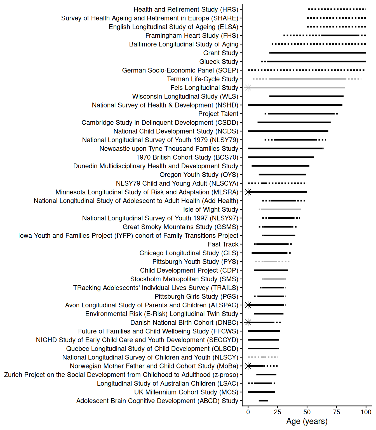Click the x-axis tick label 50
(x=307, y=412)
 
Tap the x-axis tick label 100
(x=366, y=412)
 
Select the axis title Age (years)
(x=307, y=421)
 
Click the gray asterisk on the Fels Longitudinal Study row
(x=248, y=88)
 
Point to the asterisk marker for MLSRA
(x=248, y=192)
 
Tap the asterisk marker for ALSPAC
(x=248, y=305)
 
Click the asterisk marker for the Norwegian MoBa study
(x=248, y=366)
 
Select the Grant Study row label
(x=220, y=53)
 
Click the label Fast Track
(x=223, y=244)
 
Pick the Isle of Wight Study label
(x=211, y=209)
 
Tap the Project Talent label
(x=218, y=114)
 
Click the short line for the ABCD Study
(x=263, y=401)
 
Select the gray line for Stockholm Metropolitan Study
(x=274, y=279)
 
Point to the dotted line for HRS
(x=337, y=9)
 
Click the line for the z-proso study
(x=266, y=375)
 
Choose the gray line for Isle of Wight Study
(x=280, y=209)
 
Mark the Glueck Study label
(x=219, y=62)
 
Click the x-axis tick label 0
(x=248, y=412)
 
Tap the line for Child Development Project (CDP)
(x=271, y=270)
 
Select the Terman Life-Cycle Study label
(x=203, y=79)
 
